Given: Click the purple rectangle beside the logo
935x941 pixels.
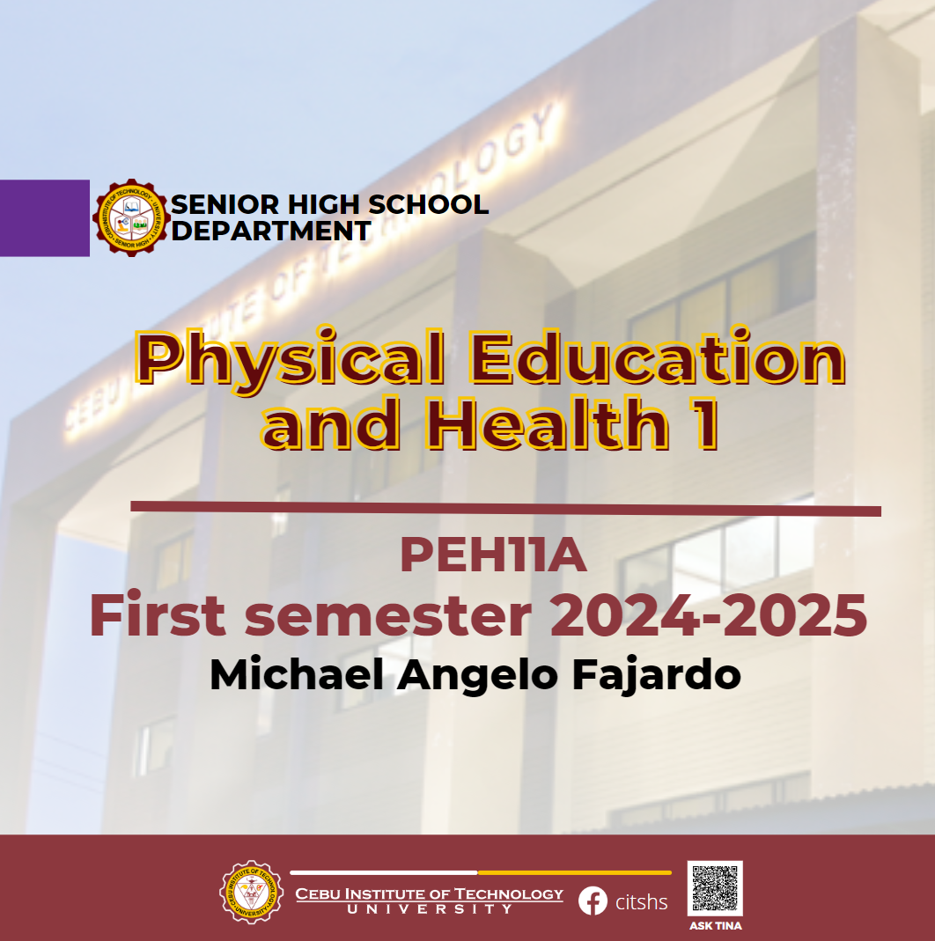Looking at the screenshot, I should pyautogui.click(x=44, y=217).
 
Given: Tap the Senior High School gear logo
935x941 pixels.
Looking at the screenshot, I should pyautogui.click(x=131, y=217).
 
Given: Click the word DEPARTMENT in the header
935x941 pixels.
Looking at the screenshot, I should pyautogui.click(x=270, y=232).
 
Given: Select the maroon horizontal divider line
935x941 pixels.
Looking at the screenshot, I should pyautogui.click(x=505, y=508).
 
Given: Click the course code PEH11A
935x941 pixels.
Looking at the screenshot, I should pyautogui.click(x=493, y=557).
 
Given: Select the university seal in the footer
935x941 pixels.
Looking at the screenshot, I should pyautogui.click(x=251, y=892).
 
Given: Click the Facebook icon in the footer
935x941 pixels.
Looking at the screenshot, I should pyautogui.click(x=593, y=901).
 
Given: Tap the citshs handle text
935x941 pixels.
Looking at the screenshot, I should pyautogui.click(x=641, y=902).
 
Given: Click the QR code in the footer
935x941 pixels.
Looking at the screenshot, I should pyautogui.click(x=715, y=888).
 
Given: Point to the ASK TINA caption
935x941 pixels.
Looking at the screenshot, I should pyautogui.click(x=715, y=925).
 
